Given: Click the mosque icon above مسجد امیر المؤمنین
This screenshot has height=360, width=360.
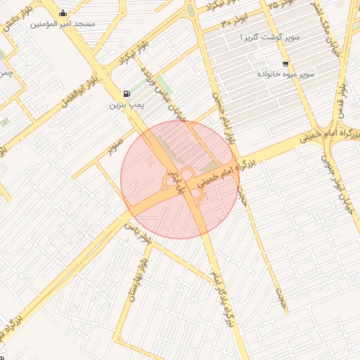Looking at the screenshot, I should pos(64,13).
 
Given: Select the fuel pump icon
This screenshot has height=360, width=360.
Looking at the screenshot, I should pos(126,94).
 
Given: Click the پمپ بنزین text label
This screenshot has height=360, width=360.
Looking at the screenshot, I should pos(126,105).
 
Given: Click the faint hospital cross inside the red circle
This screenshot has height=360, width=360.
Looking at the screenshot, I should pos(147,162).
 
